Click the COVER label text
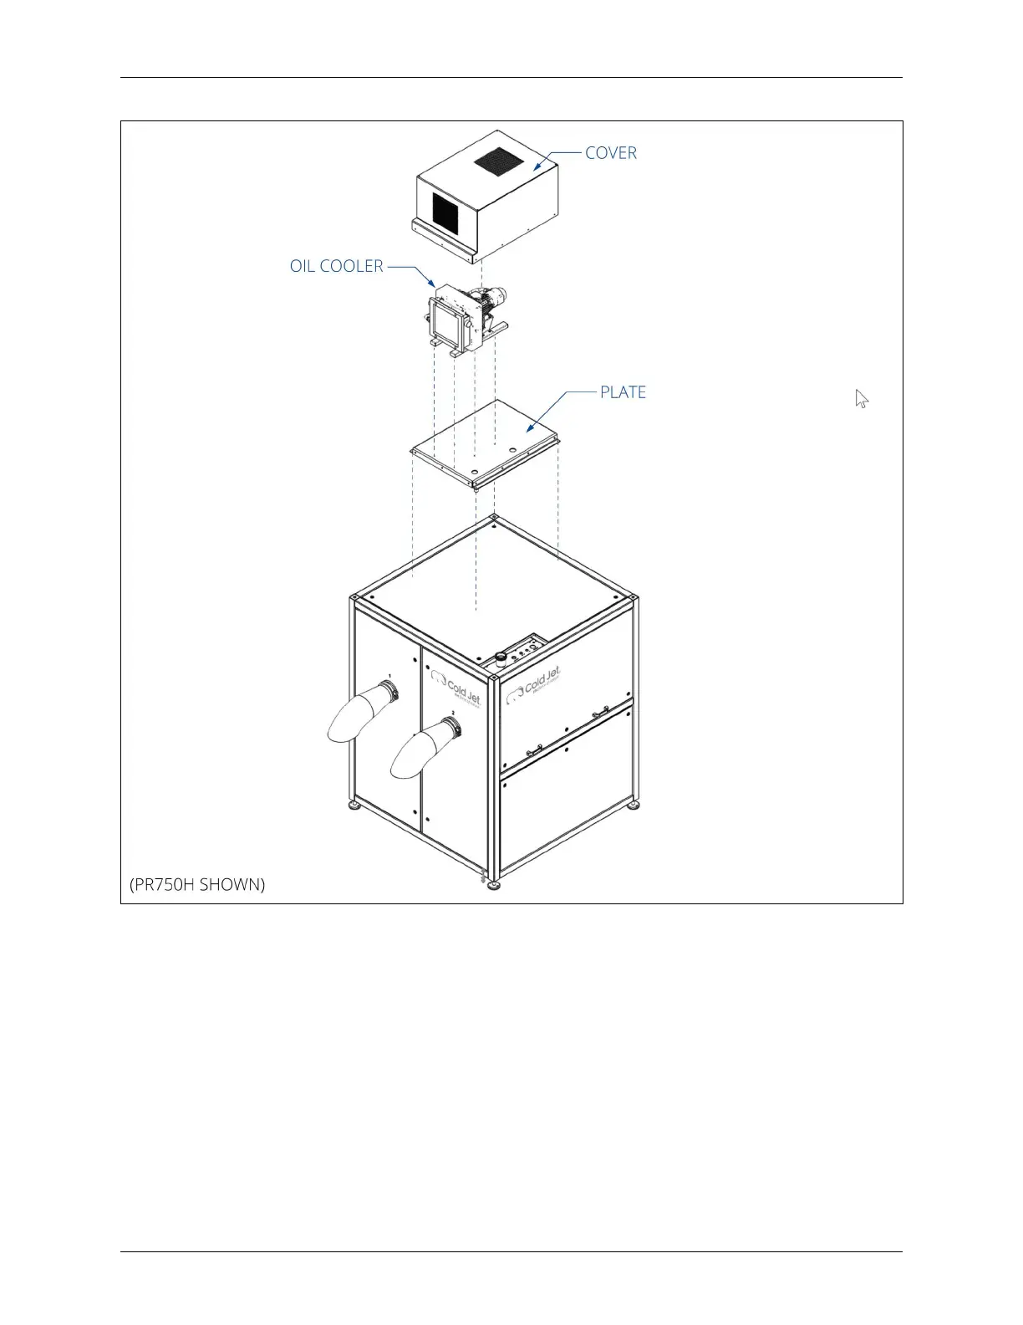610,153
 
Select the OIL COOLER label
336,266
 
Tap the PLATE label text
623,392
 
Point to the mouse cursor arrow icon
862,399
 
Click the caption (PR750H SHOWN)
197,884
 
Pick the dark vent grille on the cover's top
498,161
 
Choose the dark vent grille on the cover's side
445,213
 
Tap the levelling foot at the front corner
494,885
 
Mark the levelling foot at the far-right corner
634,805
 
